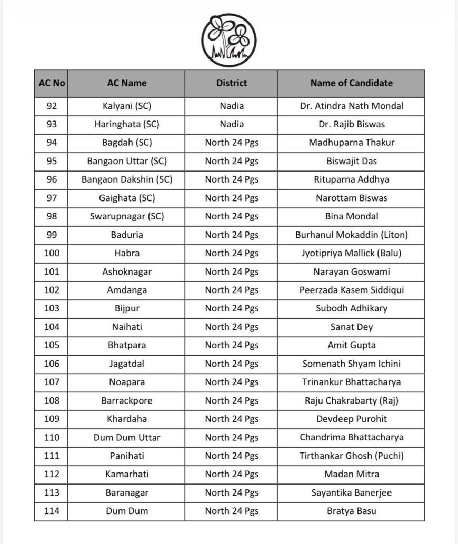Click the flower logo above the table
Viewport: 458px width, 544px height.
pos(228,40)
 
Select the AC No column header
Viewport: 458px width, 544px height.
pos(52,83)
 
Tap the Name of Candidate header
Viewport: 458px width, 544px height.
pos(351,83)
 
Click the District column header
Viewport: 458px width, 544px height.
pos(232,83)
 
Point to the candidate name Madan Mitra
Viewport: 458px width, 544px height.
pos(351,474)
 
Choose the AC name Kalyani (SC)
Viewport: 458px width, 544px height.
pos(127,106)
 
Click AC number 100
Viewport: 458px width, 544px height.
pos(52,253)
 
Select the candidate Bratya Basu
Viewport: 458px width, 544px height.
pos(351,511)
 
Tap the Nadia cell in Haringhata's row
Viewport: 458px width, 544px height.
pos(232,124)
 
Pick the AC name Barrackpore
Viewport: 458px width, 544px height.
pos(127,400)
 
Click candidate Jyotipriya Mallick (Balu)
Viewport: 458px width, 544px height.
pos(351,253)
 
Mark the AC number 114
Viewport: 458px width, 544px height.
pos(52,511)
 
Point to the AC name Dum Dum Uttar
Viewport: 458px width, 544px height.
pos(127,437)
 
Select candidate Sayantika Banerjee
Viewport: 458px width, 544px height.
pos(351,492)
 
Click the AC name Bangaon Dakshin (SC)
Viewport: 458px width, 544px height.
pos(127,179)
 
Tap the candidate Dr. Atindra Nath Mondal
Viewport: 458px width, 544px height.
pos(351,106)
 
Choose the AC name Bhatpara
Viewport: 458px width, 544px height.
pos(127,345)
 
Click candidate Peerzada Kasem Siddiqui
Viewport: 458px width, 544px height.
pos(351,290)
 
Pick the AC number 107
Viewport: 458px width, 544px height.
pos(52,382)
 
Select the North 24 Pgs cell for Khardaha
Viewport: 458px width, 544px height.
pos(232,419)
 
